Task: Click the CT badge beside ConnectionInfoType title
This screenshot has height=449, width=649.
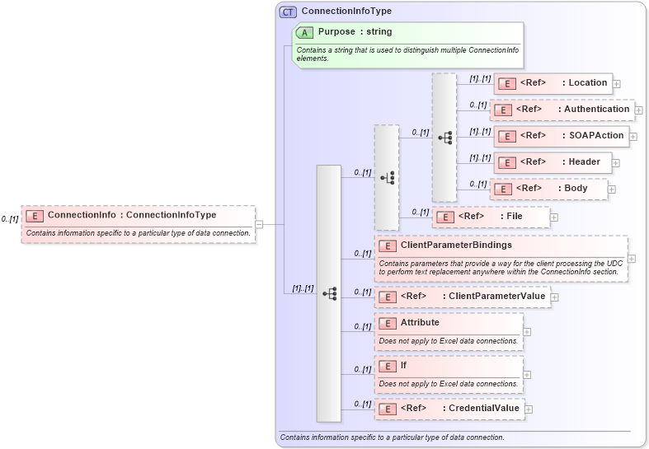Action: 288,12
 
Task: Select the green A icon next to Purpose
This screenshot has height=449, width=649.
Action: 305,32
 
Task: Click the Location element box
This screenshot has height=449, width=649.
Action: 552,83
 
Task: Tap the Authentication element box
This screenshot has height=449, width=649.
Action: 561,110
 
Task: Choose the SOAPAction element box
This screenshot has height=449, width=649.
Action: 561,136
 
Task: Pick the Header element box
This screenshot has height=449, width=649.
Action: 552,162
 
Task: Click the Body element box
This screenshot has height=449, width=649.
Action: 548,189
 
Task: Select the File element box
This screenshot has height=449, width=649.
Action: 491,217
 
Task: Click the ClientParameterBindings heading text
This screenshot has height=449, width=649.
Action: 456,245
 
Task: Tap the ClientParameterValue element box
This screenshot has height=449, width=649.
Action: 462,297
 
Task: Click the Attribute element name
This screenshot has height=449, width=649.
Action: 420,322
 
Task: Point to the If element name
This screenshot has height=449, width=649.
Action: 403,365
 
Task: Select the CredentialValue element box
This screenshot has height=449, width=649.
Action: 449,409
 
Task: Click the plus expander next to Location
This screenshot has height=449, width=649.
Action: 616,84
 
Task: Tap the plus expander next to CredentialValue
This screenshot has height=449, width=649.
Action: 529,409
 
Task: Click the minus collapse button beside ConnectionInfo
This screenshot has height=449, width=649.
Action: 259,223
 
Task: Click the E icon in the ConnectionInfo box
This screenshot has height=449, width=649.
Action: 35,216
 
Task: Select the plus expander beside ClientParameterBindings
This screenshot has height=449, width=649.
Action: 632,258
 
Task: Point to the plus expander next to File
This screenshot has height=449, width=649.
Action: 553,217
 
